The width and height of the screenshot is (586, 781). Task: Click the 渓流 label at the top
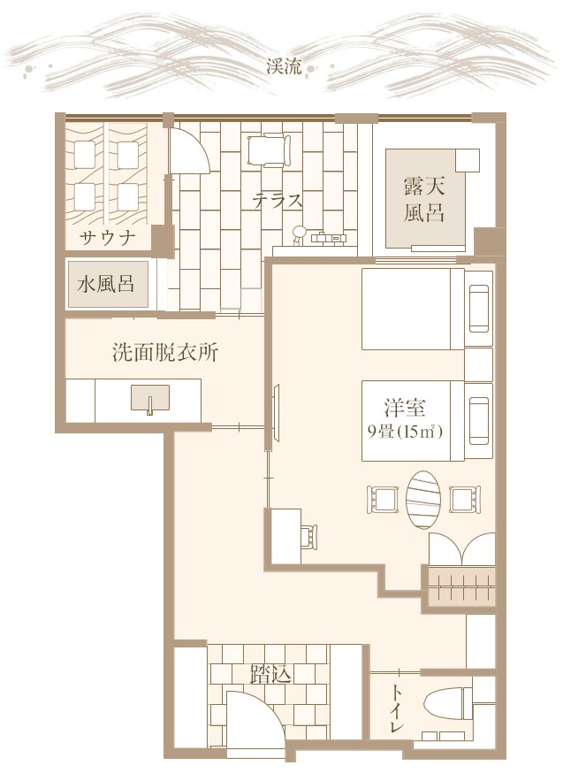(x=284, y=67)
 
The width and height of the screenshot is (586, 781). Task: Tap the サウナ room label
(x=108, y=239)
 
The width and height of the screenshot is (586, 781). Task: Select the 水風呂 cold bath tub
(x=108, y=284)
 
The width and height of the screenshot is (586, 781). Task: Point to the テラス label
(x=278, y=201)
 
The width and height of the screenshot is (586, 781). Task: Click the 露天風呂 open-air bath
(x=425, y=198)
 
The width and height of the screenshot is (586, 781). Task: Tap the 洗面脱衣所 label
(x=164, y=353)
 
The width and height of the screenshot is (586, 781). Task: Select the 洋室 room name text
(x=405, y=408)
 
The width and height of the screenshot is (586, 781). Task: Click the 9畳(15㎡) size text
(x=405, y=432)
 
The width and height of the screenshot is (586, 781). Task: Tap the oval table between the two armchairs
(x=423, y=500)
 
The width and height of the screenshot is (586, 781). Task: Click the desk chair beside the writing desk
(x=309, y=537)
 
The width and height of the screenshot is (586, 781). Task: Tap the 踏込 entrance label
(x=270, y=676)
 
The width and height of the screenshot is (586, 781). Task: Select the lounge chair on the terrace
(x=270, y=149)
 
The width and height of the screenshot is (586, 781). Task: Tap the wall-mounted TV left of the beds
(x=276, y=412)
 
